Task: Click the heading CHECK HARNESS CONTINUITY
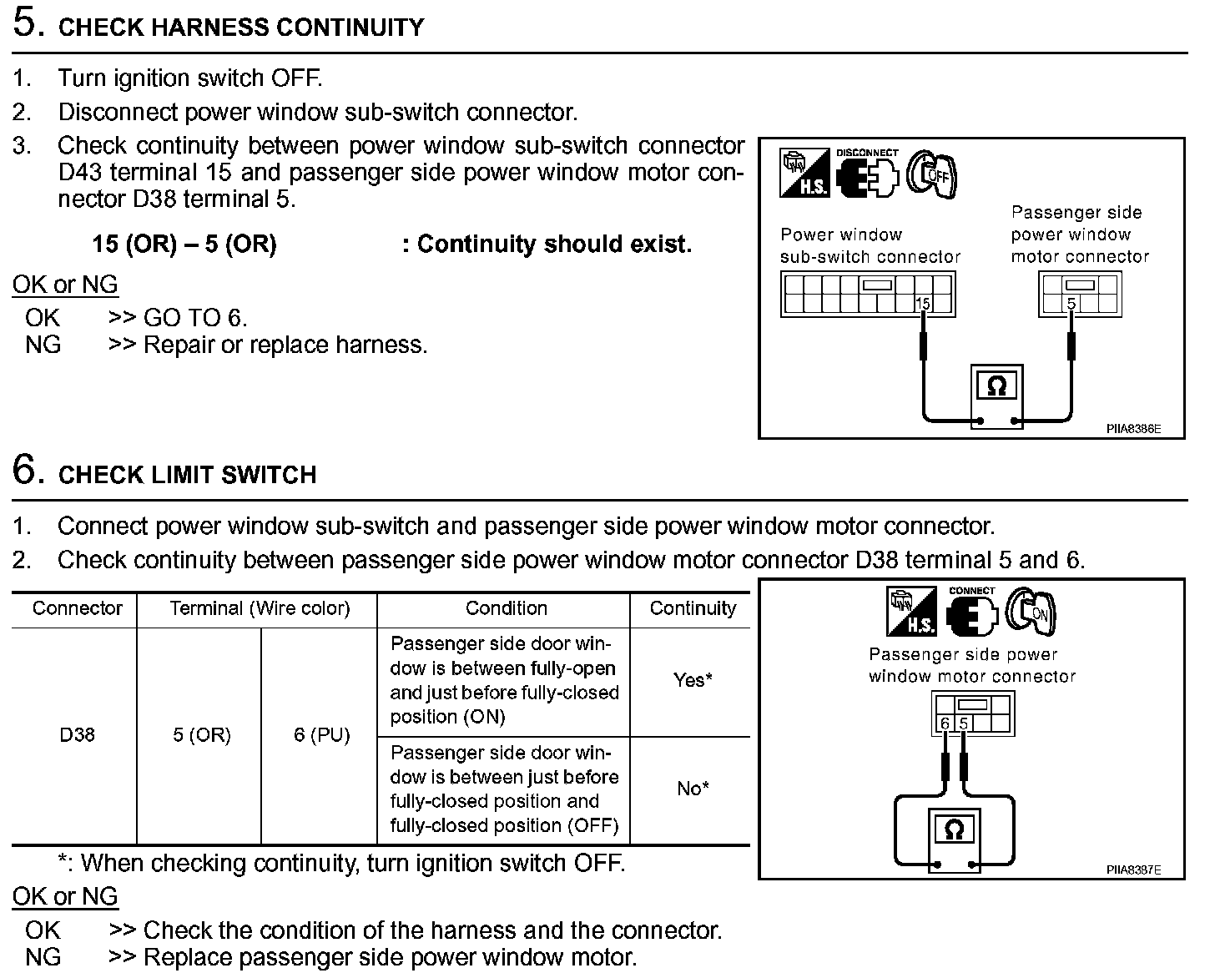coord(240,27)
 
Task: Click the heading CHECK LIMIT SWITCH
coord(187,475)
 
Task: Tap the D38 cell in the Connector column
coord(77,735)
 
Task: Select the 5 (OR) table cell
coord(201,735)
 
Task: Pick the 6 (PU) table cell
coord(321,735)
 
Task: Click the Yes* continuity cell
coord(692,680)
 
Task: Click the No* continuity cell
coord(692,789)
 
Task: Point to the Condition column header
coord(506,608)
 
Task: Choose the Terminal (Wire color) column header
coord(260,608)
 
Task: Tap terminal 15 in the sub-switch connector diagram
coord(922,304)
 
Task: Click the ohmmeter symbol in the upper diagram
coord(997,386)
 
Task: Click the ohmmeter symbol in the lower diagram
coord(955,830)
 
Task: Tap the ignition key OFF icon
coord(932,176)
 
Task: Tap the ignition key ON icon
coord(1031,612)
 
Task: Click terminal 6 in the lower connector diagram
coord(944,723)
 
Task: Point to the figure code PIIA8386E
coord(1133,429)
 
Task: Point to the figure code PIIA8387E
coord(1133,870)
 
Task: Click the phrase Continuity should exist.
coord(554,244)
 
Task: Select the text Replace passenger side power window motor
coord(390,957)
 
